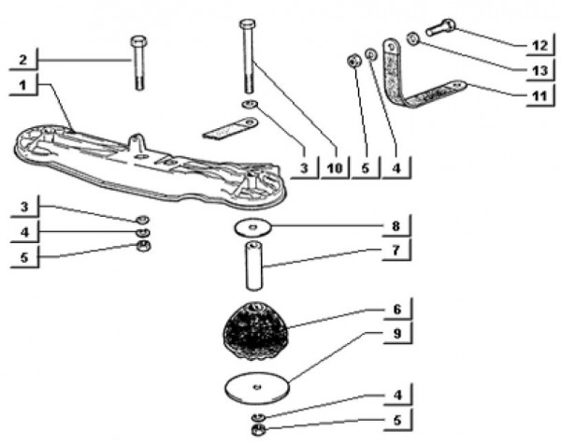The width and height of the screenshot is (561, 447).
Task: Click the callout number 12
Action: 539,46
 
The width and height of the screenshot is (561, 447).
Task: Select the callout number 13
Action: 539,70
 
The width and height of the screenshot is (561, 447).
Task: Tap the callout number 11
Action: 539,96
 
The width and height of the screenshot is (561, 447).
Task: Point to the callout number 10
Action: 335,167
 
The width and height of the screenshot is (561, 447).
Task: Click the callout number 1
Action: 22,85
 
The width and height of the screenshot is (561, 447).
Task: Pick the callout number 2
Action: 22,60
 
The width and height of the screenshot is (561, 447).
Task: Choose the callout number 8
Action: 396,225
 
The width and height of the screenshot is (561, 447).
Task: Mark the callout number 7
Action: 396,251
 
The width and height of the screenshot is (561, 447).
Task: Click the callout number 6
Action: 397,309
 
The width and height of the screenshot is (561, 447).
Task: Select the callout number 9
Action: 397,333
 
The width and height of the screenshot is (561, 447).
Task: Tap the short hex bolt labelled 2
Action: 139,63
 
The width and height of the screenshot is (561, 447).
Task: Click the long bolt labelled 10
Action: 248,56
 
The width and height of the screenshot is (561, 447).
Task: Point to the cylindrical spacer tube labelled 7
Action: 253,266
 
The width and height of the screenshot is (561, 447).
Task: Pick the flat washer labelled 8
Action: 253,227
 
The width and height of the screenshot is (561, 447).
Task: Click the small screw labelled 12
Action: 440,27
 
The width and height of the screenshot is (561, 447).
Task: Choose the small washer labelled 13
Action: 413,38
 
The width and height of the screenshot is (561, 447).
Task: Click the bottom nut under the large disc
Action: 258,430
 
